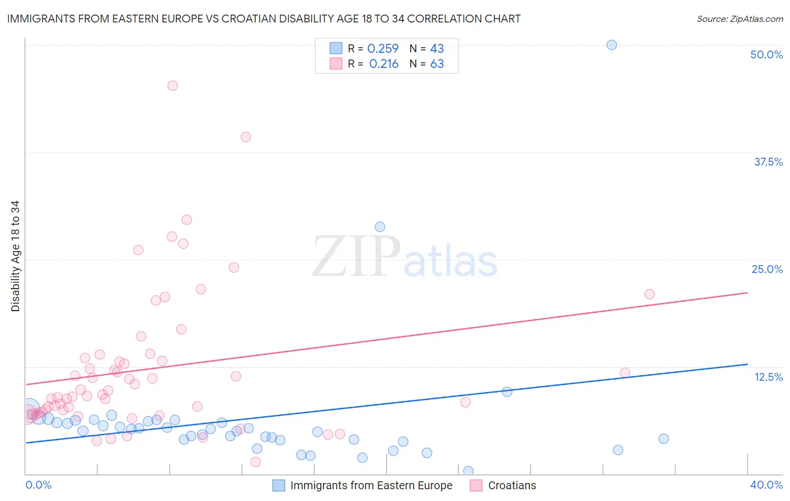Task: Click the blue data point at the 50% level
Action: coord(612,45)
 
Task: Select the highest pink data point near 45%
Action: coord(172,85)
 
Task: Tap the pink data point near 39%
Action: coord(246,136)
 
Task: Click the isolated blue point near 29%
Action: coord(380,227)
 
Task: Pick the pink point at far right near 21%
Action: coord(650,294)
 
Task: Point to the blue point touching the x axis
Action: coord(468,471)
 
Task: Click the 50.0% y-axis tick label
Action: coord(766,54)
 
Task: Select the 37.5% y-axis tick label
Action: coord(768,162)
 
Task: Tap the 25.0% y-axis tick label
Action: coord(767,269)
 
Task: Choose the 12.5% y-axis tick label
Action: coord(768,377)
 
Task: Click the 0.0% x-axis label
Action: coord(39,485)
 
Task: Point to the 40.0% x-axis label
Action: coord(766,485)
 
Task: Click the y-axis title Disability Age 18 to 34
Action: coord(15,256)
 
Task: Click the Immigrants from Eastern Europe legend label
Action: coord(371,485)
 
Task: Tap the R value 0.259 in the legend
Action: coord(383,49)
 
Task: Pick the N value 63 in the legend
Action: coord(437,64)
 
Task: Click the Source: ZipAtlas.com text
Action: coord(739,19)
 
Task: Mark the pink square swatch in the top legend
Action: coord(336,63)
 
